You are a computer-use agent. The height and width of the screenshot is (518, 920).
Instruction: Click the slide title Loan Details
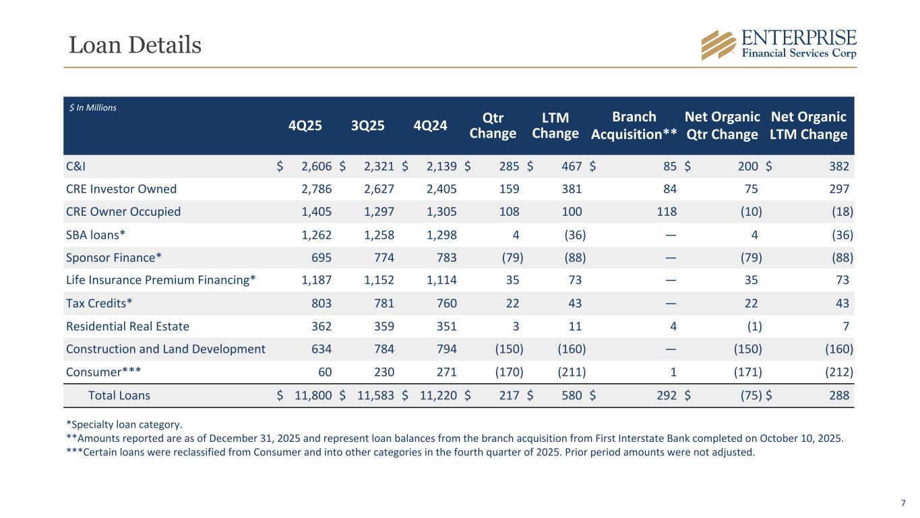(135, 45)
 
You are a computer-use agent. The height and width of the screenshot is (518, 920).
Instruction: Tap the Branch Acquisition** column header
(634, 125)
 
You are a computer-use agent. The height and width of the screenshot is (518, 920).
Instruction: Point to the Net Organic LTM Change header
(808, 125)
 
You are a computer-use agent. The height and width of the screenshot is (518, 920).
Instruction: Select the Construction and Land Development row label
(166, 349)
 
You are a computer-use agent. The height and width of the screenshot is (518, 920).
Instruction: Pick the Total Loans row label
(119, 396)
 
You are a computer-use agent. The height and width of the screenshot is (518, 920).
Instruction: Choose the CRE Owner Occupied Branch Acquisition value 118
(666, 212)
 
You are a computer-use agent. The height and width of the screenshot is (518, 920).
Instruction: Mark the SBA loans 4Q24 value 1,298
(439, 235)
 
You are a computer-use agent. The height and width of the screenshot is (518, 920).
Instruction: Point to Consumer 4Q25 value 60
(324, 372)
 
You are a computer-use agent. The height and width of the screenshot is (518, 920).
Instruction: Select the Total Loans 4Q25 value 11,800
(313, 396)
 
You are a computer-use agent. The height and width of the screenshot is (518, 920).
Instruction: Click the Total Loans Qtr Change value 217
(508, 396)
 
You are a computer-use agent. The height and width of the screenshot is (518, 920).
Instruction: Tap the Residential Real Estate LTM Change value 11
(574, 326)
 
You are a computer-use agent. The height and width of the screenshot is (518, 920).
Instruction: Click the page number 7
(903, 503)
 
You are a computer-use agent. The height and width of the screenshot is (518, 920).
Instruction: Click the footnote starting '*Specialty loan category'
(124, 425)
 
